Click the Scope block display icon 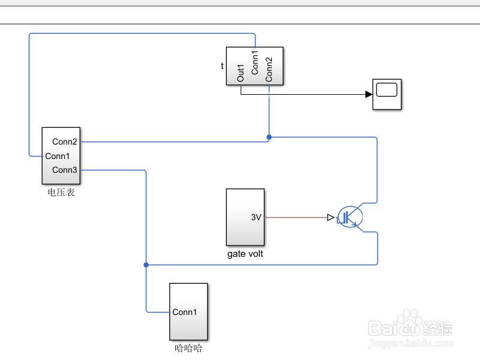click(387, 91)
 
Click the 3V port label click(256, 218)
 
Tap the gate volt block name click(245, 254)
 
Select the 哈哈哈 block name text click(188, 347)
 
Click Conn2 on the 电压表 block click(65, 142)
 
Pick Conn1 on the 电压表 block click(58, 156)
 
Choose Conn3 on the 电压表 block click(65, 170)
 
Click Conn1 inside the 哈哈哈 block click(185, 312)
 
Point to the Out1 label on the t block click(241, 73)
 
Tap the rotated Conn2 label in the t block click(269, 69)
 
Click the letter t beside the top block click(222, 66)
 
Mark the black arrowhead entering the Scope click(368, 94)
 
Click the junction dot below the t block click(269, 137)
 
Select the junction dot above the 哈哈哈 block click(146, 265)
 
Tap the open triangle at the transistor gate click(330, 218)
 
